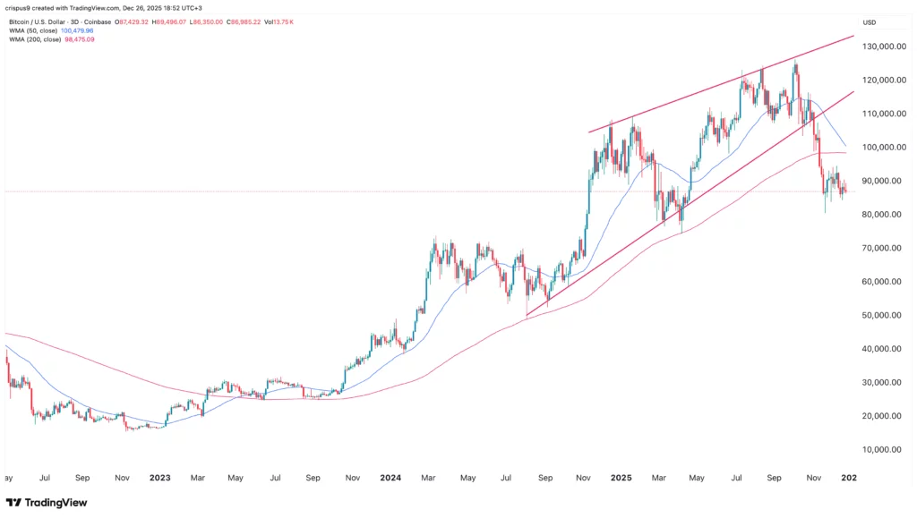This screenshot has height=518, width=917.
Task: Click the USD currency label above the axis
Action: point(869,22)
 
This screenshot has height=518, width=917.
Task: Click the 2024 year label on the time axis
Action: point(391,478)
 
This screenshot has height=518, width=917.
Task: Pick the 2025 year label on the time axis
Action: point(621,478)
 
